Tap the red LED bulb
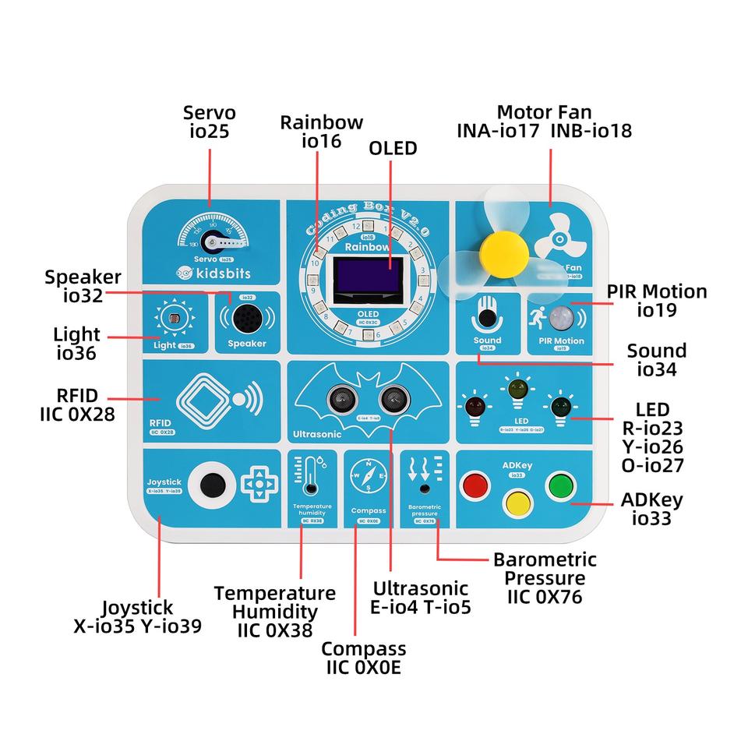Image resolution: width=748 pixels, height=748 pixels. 473,405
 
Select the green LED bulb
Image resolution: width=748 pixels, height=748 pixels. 559,405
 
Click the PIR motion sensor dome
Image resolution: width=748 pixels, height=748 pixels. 559,317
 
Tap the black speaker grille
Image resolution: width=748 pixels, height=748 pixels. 245,317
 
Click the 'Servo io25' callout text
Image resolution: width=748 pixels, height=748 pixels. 210,122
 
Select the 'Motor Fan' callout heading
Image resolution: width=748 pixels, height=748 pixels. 544,112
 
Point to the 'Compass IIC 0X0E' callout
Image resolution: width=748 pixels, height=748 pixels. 363,658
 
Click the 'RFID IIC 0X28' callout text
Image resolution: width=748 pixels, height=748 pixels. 77,404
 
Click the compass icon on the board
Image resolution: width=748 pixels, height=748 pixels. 366,473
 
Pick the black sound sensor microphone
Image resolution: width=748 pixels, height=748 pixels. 488,318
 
